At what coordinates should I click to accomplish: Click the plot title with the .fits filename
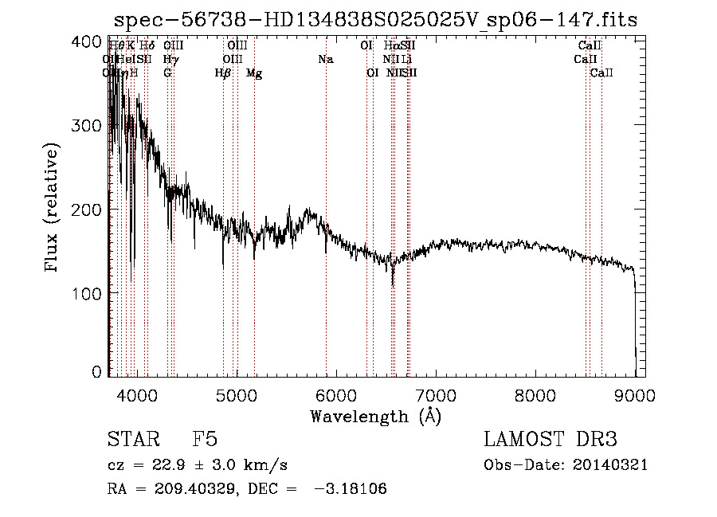(x=376, y=20)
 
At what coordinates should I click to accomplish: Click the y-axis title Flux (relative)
(x=53, y=208)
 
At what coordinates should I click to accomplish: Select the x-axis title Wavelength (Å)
(x=375, y=416)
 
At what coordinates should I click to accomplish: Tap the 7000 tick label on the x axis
(x=436, y=395)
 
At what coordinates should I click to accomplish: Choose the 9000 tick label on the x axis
(x=635, y=395)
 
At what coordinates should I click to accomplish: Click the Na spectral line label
(x=325, y=60)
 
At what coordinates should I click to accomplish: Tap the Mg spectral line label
(x=254, y=73)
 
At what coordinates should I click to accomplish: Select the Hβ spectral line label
(x=223, y=73)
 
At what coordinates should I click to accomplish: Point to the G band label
(x=167, y=73)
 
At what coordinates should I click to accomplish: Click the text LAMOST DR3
(x=550, y=440)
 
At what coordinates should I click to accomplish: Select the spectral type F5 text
(x=205, y=440)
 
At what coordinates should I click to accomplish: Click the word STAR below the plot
(x=131, y=440)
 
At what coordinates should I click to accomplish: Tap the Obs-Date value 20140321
(x=612, y=465)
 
